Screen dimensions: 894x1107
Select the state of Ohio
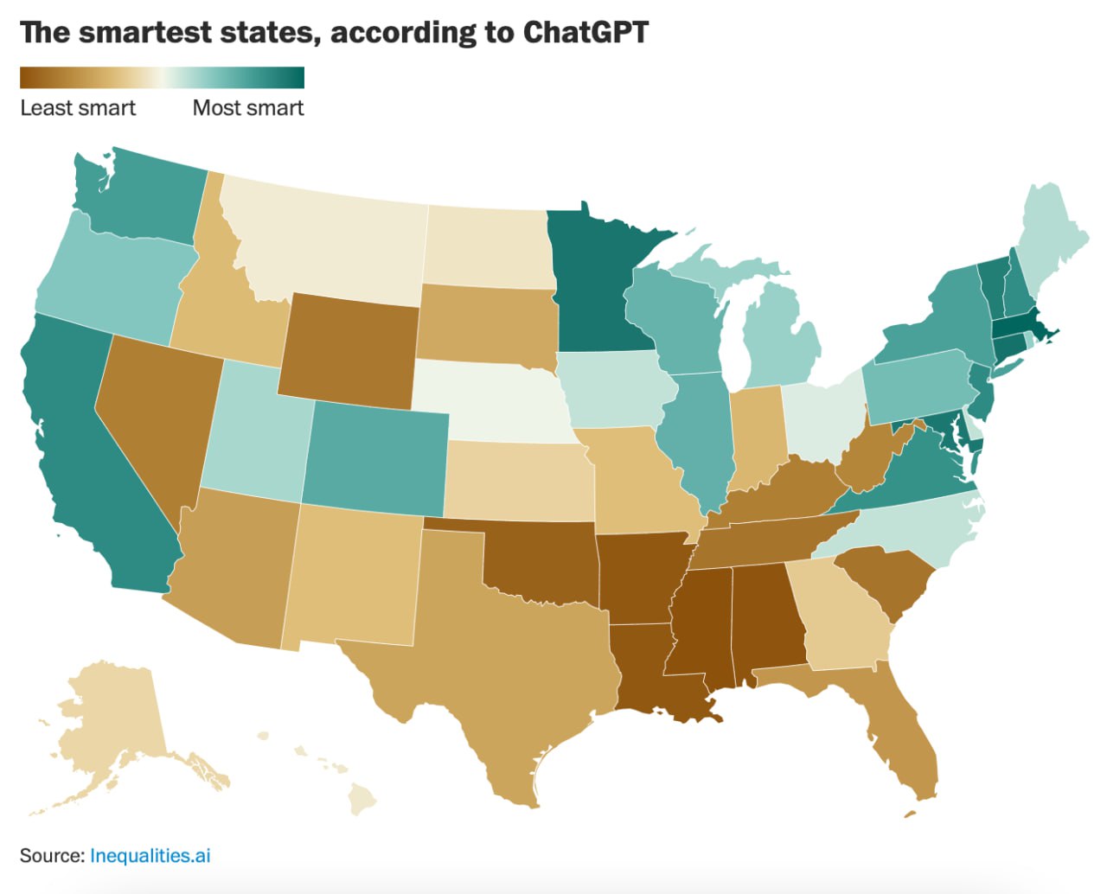click(822, 415)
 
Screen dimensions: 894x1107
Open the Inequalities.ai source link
click(150, 856)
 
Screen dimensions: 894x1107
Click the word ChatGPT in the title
click(585, 33)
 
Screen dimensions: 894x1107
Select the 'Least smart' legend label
click(78, 108)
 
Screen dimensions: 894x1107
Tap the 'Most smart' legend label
click(248, 108)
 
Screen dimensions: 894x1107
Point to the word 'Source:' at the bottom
click(52, 856)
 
